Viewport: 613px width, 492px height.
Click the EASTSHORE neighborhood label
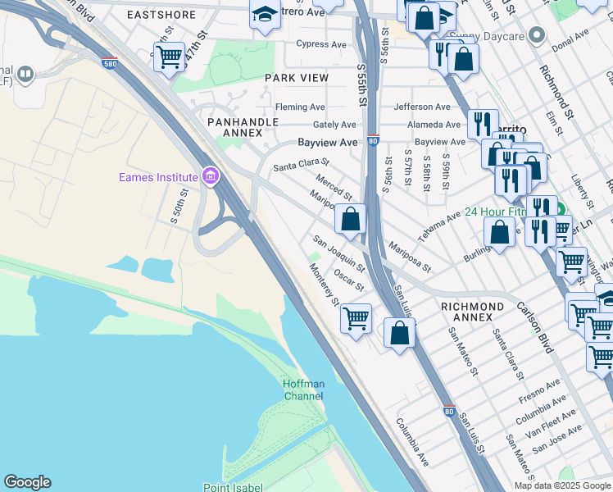point(161,15)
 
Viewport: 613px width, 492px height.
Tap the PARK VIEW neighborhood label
point(296,78)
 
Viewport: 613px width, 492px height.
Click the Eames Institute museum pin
point(211,177)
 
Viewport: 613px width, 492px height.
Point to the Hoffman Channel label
point(303,389)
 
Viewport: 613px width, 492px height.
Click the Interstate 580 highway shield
point(110,62)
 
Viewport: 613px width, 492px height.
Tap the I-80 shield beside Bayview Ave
point(373,141)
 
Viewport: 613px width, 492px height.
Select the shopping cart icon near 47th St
point(169,57)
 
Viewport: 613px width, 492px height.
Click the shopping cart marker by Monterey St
point(356,317)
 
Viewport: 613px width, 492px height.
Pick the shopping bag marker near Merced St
point(350,219)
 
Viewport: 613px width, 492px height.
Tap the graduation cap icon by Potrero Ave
point(265,15)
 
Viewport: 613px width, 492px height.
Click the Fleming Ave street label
point(300,107)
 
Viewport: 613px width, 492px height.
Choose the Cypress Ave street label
point(322,44)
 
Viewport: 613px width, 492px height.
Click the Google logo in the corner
point(27,482)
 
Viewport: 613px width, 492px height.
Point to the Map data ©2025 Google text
point(561,485)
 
